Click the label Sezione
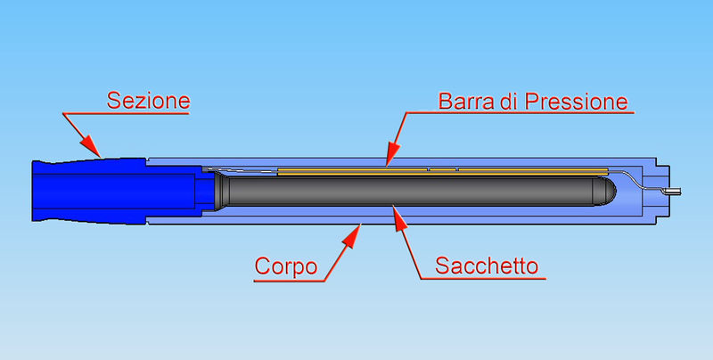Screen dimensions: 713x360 pyautogui.click(x=148, y=101)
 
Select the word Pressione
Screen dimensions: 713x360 pyautogui.click(x=576, y=102)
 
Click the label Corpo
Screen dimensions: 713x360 pyautogui.click(x=285, y=266)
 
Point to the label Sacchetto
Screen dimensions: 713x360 pyautogui.click(x=487, y=266)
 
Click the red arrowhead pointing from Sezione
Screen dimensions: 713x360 pyautogui.click(x=92, y=146)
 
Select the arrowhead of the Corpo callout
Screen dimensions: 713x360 pyautogui.click(x=352, y=235)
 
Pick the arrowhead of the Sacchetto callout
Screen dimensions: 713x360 pyautogui.click(x=399, y=219)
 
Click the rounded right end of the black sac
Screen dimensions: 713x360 pyautogui.click(x=607, y=192)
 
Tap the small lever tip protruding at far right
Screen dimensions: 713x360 pyautogui.click(x=674, y=192)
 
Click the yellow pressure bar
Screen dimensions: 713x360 pyautogui.click(x=442, y=171)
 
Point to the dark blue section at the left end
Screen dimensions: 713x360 pyautogui.click(x=89, y=191)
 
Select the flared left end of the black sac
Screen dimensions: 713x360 pyautogui.click(x=221, y=191)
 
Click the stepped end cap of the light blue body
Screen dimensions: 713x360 pyautogui.click(x=662, y=191)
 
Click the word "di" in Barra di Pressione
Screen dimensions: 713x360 pyautogui.click(x=509, y=102)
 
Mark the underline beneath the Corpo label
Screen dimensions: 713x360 pyautogui.click(x=289, y=282)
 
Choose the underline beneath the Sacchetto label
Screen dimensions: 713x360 pyautogui.click(x=483, y=278)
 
